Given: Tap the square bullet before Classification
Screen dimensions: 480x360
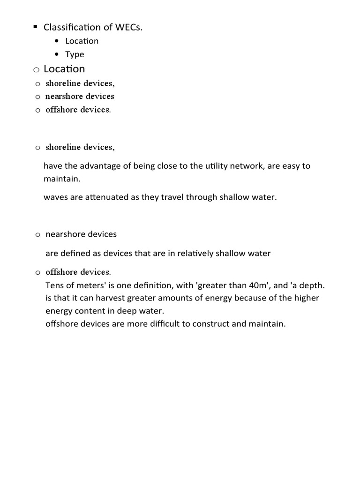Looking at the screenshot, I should tap(35, 27).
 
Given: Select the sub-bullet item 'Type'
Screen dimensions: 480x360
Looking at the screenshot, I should tap(75, 54).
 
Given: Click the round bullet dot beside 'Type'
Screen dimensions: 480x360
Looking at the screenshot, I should tap(57, 54).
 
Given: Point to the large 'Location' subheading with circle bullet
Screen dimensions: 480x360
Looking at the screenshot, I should tap(64, 69).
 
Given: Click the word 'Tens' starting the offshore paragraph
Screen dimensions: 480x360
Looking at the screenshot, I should tap(54, 285).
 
